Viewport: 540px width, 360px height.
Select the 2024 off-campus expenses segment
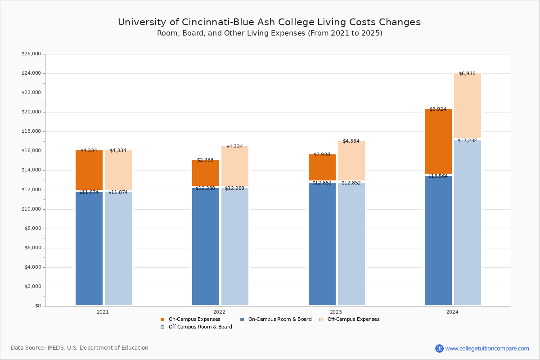click(x=468, y=106)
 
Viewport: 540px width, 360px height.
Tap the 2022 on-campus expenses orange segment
click(x=206, y=173)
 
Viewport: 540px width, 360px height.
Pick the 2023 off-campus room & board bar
click(x=351, y=243)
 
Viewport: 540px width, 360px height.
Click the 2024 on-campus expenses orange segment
click(x=438, y=141)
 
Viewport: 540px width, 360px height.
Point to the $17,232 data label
click(x=467, y=141)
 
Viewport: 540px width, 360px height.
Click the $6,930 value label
click(x=467, y=74)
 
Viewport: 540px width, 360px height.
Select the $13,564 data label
click(x=438, y=176)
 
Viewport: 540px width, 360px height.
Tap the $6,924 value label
click(x=438, y=109)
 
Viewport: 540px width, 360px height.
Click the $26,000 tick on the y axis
click(x=31, y=54)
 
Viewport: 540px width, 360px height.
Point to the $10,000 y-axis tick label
click(x=31, y=209)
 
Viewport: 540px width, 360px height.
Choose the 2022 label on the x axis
click(x=219, y=312)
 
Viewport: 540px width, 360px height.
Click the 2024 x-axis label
click(x=452, y=312)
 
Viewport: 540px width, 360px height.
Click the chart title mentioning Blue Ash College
click(x=269, y=22)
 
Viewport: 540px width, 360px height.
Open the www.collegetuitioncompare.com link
click(x=487, y=348)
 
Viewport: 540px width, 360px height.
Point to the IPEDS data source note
click(x=80, y=348)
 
